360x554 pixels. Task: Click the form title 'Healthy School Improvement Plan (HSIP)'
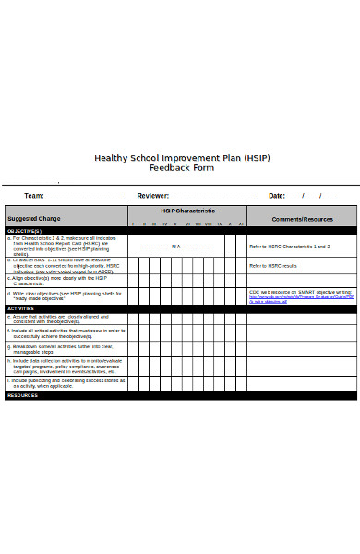[x=181, y=157]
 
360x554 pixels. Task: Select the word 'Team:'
[x=34, y=196]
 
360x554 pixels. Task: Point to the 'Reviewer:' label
[x=153, y=196]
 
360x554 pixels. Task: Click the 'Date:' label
[x=277, y=196]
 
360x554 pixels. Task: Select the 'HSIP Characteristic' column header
[x=187, y=211]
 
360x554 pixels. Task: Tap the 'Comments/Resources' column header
[x=302, y=219]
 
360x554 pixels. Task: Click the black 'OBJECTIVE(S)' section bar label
[x=24, y=231]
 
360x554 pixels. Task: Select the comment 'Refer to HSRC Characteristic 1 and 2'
[x=290, y=247]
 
